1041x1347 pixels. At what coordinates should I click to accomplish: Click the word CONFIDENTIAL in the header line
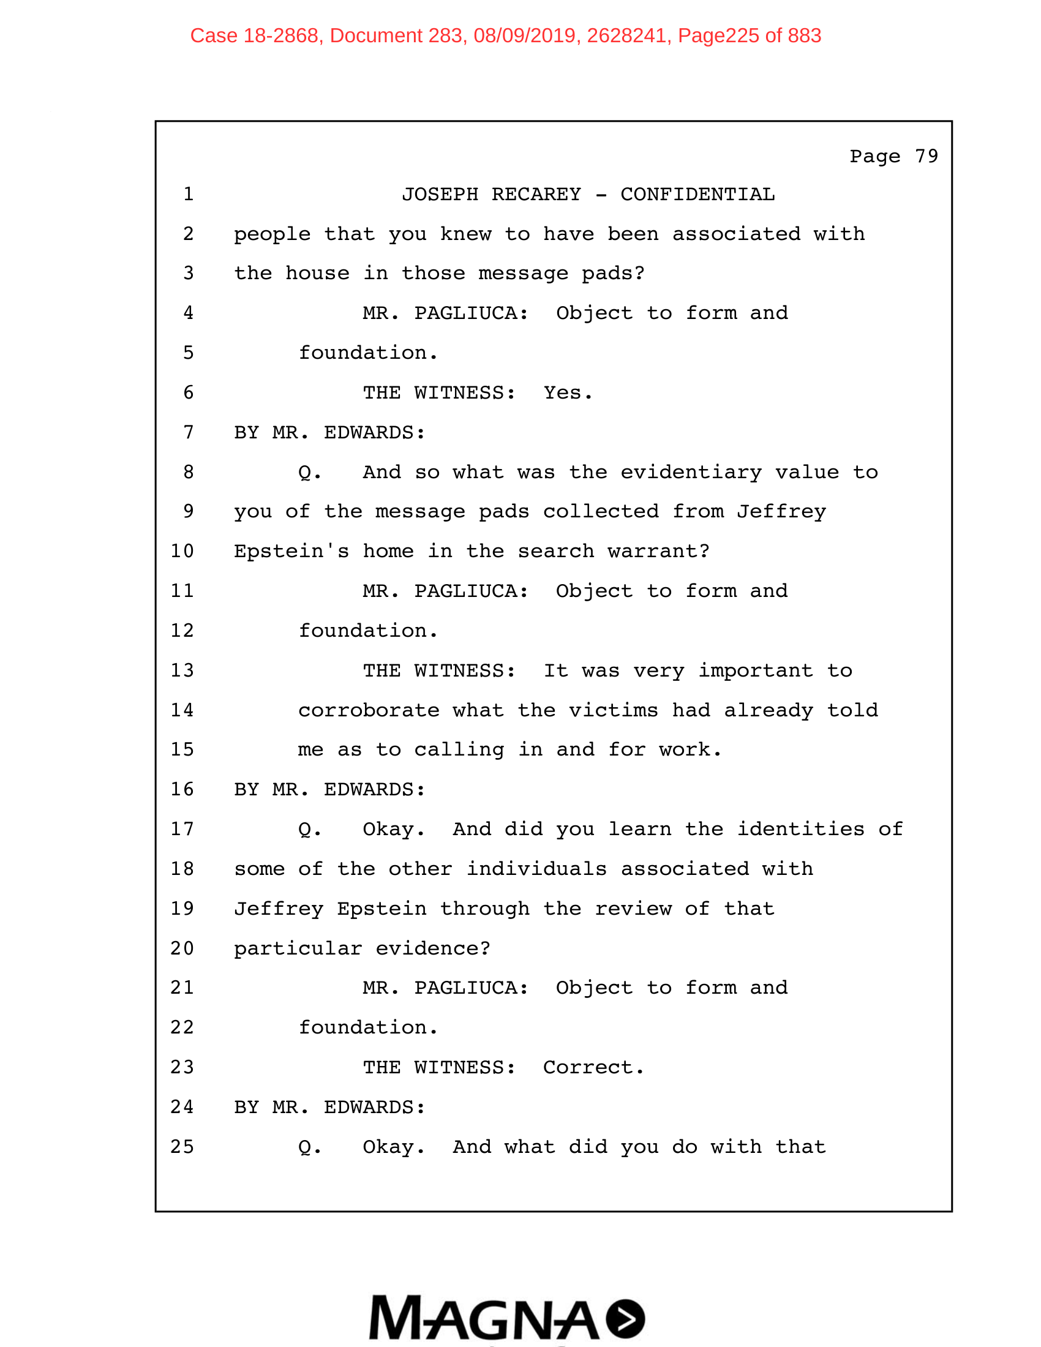tap(697, 194)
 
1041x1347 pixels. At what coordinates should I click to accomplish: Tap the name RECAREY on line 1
tap(536, 194)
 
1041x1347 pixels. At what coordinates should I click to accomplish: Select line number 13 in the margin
tap(182, 670)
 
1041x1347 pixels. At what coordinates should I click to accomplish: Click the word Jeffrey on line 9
tap(781, 511)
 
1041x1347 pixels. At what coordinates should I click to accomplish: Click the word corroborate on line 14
tap(368, 710)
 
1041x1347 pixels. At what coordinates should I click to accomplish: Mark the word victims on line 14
tap(613, 710)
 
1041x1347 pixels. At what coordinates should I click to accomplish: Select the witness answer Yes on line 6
tap(567, 393)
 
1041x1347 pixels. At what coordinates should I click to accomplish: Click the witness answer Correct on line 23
tap(593, 1067)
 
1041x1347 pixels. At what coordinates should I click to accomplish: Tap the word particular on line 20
tap(298, 948)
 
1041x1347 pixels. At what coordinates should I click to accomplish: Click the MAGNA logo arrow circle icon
tap(625, 1319)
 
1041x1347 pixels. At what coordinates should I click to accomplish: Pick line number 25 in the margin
tap(182, 1147)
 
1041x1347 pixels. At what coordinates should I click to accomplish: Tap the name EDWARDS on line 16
tap(374, 789)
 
